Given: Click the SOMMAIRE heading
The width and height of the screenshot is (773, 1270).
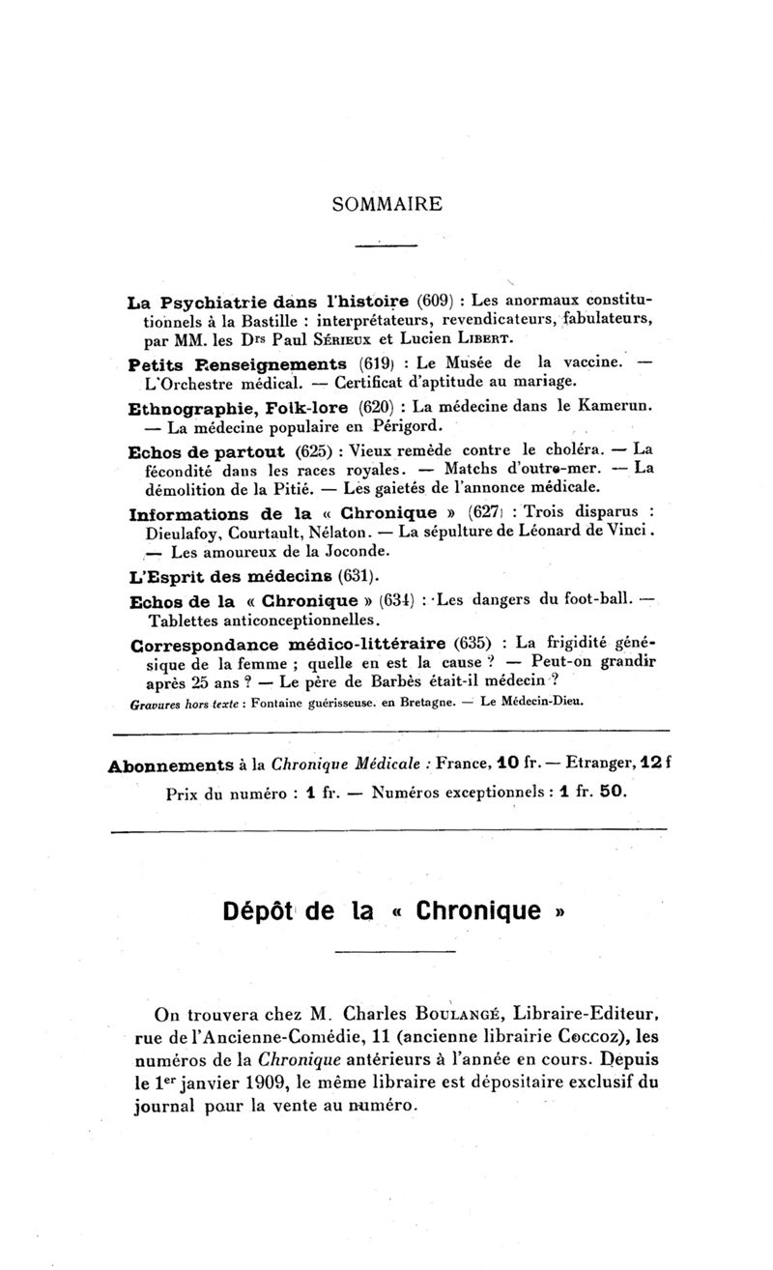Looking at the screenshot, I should [386, 204].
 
